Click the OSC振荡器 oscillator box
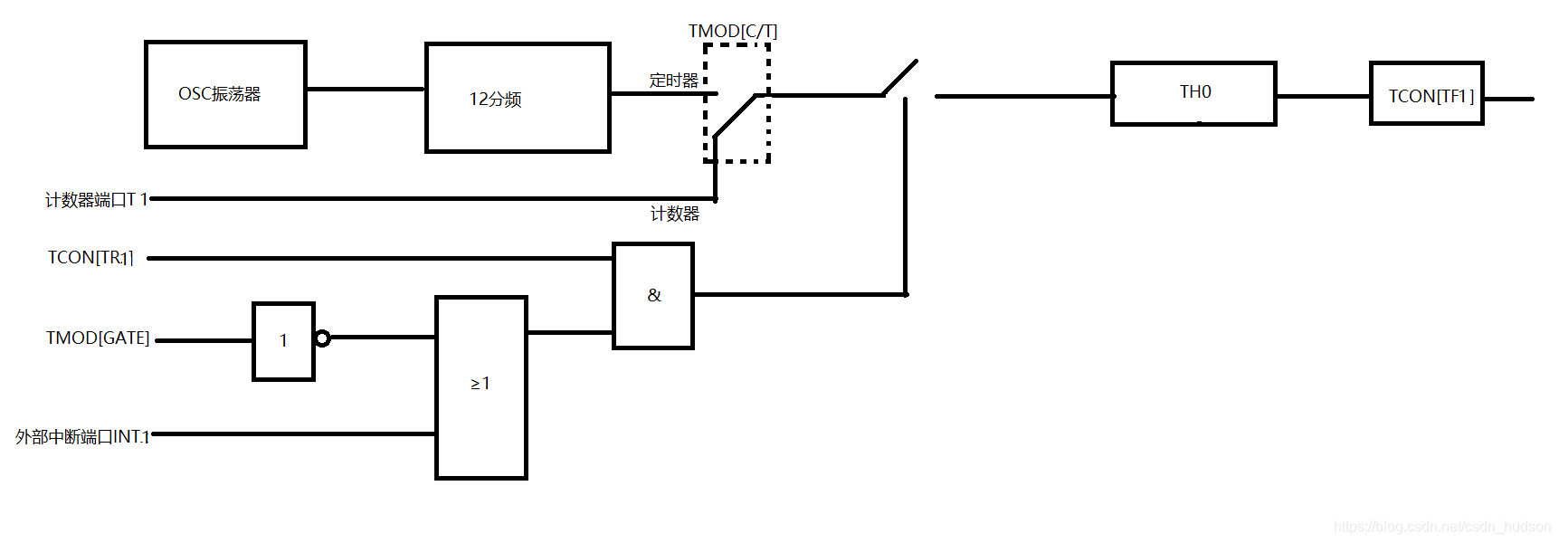coord(225,94)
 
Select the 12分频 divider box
coord(518,98)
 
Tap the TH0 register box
coord(1193,93)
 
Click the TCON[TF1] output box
coord(1426,93)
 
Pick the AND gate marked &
coord(653,296)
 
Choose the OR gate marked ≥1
coord(480,387)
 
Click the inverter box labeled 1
coord(283,341)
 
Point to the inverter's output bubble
coord(323,338)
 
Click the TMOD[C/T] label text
coord(732,31)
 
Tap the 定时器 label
coord(673,81)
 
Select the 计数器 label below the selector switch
coord(675,214)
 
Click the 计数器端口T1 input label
coord(96,199)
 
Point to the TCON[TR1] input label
coord(90,258)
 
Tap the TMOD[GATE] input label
coord(98,338)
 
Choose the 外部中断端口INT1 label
coord(82,437)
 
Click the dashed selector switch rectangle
coord(737,103)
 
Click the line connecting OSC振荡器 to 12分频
coord(366,89)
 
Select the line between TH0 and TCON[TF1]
coord(1323,96)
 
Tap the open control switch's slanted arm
coord(900,77)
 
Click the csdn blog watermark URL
coord(1442,527)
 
